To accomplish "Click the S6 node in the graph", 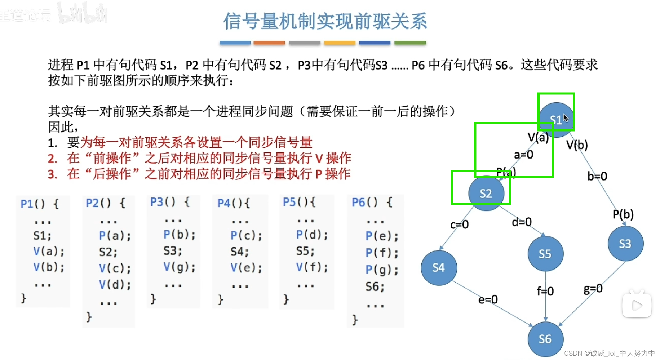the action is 545,339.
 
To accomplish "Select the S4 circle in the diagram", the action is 439,267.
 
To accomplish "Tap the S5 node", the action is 545,254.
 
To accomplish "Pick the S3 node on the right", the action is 625,244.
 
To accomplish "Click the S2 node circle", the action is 486,194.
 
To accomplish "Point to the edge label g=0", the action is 593,289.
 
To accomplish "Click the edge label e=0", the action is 488,299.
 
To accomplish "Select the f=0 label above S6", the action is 545,291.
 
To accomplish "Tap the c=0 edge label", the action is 459,225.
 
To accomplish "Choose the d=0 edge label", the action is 522,222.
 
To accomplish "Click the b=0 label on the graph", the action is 597,176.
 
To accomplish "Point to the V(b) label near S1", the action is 577,145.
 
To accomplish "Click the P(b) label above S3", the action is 623,214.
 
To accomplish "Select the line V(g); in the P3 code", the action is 179,267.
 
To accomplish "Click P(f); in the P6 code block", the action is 382,253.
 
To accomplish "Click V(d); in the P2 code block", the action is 115,285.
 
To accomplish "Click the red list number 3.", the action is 53,174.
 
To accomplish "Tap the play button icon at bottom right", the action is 637,306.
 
